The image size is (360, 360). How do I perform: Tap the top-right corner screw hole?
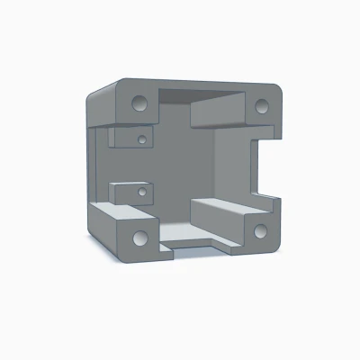pyautogui.click(x=262, y=106)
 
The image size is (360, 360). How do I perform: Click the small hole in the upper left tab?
pyautogui.click(x=142, y=139)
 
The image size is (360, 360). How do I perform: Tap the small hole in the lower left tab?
pyautogui.click(x=142, y=193)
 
